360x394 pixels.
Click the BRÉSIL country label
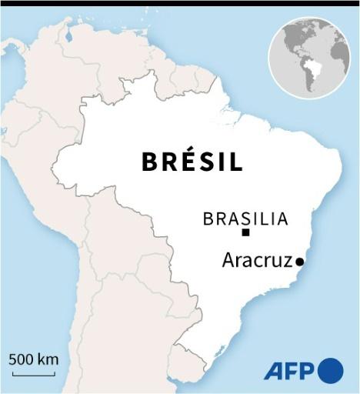192,162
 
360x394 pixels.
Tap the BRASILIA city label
245,219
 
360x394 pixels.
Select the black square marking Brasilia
245,232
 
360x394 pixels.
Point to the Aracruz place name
258,261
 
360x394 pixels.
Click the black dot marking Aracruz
300,262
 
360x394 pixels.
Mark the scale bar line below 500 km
34,374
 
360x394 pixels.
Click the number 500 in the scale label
23,359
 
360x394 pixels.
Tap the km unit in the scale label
48,359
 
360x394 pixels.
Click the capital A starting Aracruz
228,261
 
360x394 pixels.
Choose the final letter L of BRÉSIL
236,162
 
